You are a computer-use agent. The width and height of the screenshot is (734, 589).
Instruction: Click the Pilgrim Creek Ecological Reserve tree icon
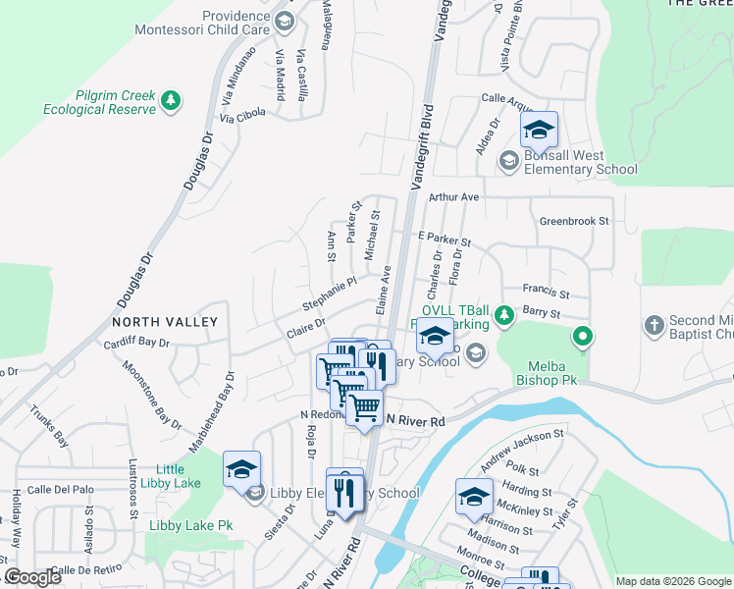[171, 100]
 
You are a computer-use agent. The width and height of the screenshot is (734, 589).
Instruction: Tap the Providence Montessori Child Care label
[236, 23]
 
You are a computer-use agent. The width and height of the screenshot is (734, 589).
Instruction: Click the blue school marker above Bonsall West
[538, 131]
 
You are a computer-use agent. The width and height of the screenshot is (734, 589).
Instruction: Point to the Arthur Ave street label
[453, 197]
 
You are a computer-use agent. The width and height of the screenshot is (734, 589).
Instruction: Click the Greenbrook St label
[574, 222]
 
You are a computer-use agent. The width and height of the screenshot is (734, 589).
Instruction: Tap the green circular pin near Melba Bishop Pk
[583, 338]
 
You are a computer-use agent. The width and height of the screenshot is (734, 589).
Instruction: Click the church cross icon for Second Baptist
[655, 324]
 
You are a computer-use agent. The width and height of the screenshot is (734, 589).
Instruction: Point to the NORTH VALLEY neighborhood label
[164, 322]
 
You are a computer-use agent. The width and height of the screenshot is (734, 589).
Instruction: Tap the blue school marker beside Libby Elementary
[241, 470]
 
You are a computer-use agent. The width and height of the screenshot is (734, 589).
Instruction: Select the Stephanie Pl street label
[334, 289]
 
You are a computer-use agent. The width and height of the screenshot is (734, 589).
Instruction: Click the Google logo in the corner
[32, 577]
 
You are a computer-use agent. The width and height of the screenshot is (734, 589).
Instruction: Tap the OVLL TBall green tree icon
[504, 315]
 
